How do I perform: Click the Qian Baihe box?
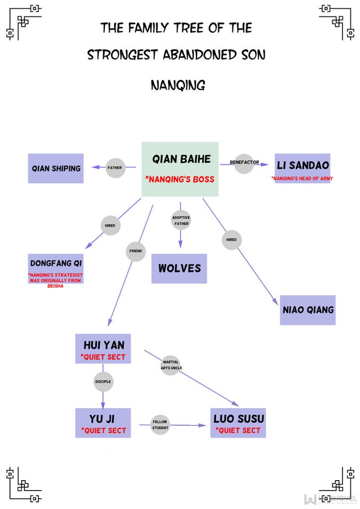click(x=180, y=169)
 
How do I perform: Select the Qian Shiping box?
click(x=56, y=168)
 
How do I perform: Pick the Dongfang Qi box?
click(x=56, y=268)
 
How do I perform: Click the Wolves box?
click(x=179, y=268)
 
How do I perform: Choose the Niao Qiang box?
click(x=308, y=310)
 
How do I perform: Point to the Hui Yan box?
click(x=103, y=348)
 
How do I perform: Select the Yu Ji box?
click(x=103, y=423)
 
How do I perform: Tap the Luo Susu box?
click(x=238, y=423)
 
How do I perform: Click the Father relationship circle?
click(x=114, y=168)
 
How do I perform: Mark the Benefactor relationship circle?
click(x=244, y=162)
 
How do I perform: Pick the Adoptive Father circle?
click(x=181, y=221)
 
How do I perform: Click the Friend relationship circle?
click(x=135, y=251)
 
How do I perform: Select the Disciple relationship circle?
click(x=103, y=382)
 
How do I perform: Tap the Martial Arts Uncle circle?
click(x=171, y=365)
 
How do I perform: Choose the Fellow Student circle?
click(x=160, y=425)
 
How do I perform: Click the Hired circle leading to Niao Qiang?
click(x=231, y=240)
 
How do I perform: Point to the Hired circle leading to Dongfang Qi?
click(x=110, y=225)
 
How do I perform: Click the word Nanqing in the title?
click(x=178, y=85)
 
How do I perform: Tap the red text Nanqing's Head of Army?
click(x=302, y=179)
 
